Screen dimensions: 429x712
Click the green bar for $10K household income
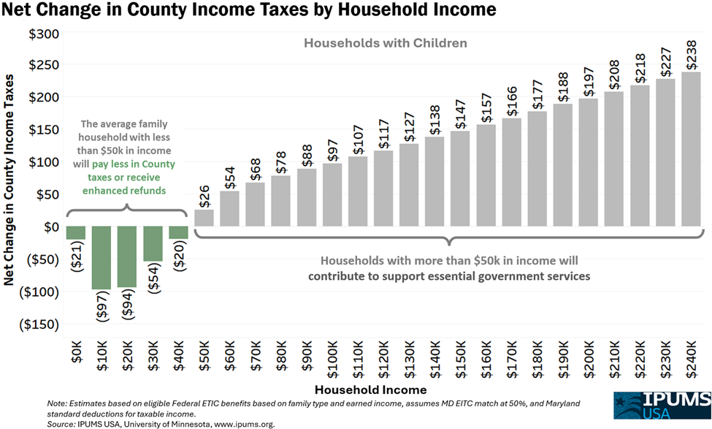point(101,257)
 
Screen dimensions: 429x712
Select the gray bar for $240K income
point(691,149)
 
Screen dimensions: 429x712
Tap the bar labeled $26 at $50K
point(204,218)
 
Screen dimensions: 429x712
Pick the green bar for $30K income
point(153,243)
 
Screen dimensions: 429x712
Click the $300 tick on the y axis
point(43,34)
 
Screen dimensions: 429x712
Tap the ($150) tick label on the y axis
point(39,324)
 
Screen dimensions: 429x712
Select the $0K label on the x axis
point(75,356)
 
